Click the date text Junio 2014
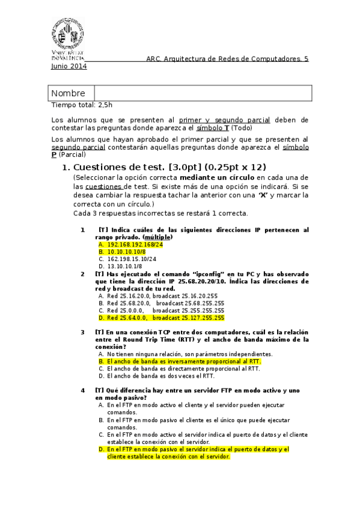pos(69,67)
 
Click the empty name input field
pos(203,93)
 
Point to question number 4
pos(83,390)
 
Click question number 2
pos(83,274)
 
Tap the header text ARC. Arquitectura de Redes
pos(227,59)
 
